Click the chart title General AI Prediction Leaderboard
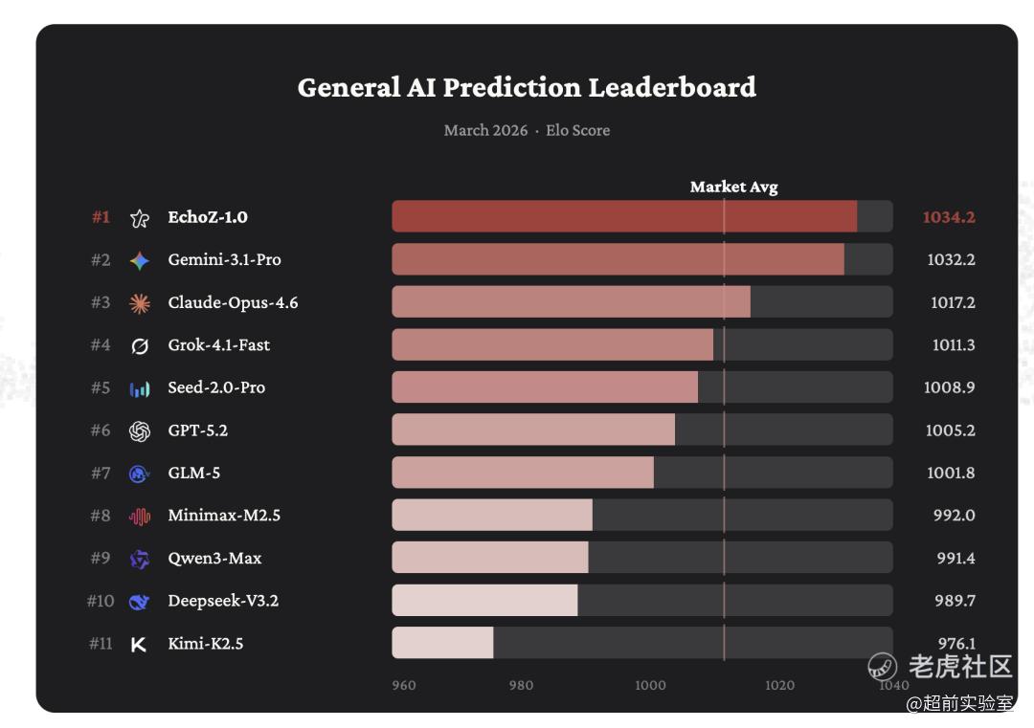pos(527,87)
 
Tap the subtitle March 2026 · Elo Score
pos(527,130)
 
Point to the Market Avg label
pos(733,188)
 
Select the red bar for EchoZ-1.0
pos(624,216)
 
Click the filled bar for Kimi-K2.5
pos(442,643)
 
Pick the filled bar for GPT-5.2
pos(533,430)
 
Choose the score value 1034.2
pos(948,217)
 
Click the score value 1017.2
pos(952,302)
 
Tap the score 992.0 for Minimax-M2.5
pos(954,516)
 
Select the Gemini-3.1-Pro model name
pos(224,259)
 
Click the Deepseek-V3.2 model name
pos(223,601)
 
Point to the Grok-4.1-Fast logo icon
pos(140,345)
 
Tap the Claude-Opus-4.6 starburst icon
pos(140,303)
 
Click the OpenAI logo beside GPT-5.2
pos(140,430)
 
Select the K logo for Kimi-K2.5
pos(139,644)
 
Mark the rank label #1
pos(101,217)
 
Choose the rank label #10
pos(101,601)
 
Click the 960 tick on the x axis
pos(404,685)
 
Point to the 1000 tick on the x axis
pos(650,685)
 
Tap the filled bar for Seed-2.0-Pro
pos(545,387)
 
